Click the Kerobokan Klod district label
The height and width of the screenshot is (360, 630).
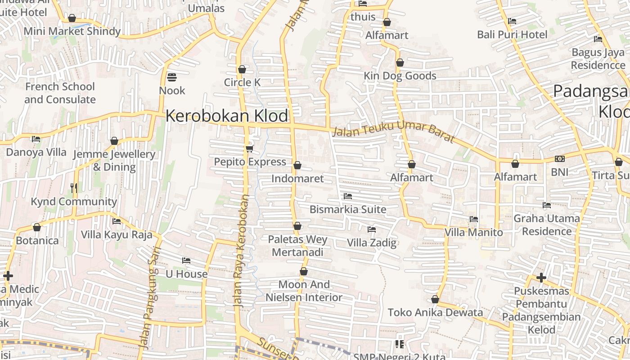(227, 116)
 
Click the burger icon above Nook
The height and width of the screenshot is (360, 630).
(171, 77)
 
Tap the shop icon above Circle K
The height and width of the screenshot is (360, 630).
(242, 69)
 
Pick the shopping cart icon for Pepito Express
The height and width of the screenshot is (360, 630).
(249, 148)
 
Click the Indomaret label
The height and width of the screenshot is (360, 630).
(297, 179)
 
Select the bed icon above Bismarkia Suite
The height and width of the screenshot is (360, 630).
(347, 196)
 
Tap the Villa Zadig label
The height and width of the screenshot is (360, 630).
(372, 243)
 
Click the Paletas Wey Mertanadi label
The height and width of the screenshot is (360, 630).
(297, 246)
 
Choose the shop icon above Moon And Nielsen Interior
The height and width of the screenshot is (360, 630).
(304, 271)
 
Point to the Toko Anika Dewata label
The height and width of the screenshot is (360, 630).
(435, 312)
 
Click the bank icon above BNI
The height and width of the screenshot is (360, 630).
(560, 159)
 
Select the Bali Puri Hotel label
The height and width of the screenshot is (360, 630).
(512, 35)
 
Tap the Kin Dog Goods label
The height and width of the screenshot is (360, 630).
(400, 76)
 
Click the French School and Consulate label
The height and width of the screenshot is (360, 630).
(60, 93)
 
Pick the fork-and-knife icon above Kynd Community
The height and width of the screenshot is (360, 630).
(74, 188)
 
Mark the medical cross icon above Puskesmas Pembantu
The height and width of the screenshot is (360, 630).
(541, 278)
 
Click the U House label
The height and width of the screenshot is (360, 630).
(187, 274)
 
